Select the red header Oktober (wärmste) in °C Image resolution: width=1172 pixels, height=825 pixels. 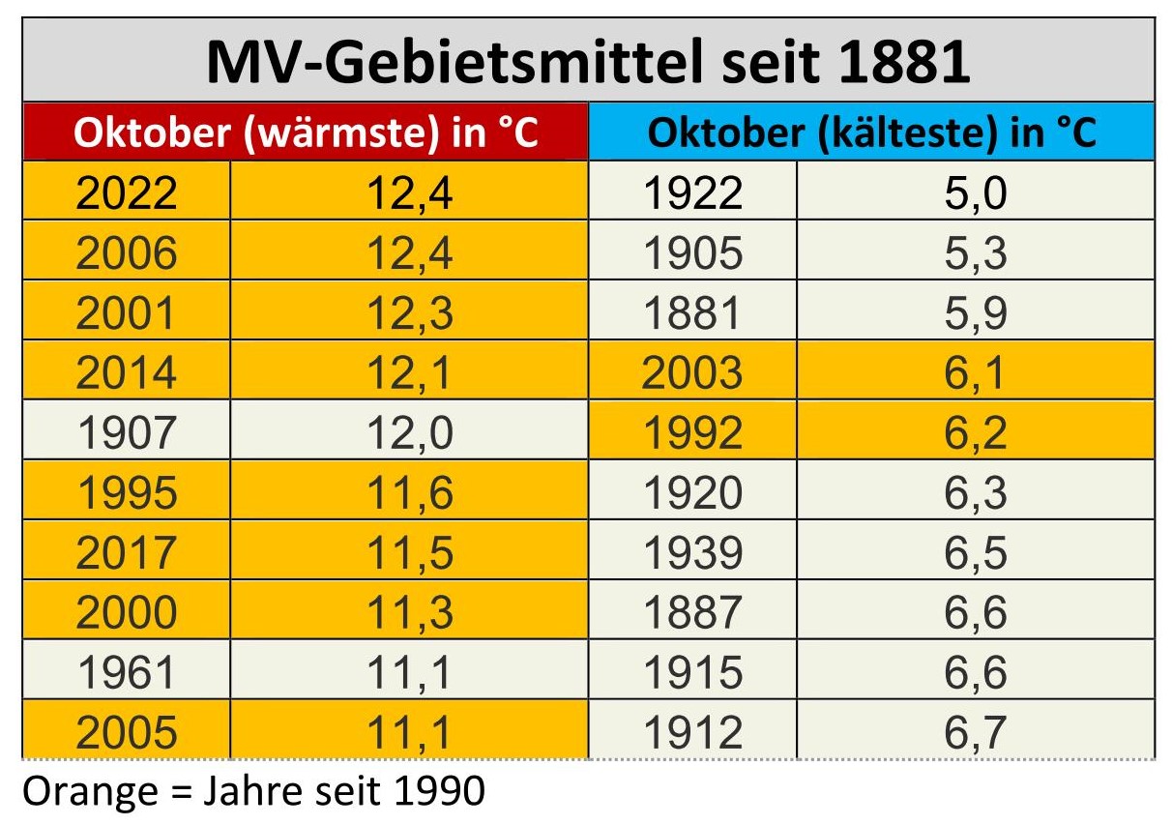coord(306,133)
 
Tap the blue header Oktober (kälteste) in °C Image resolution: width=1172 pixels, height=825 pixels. coord(871,133)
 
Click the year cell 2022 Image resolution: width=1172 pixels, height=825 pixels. coord(127,193)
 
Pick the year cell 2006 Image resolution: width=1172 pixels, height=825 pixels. coord(127,253)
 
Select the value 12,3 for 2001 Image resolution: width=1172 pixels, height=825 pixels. coord(409,313)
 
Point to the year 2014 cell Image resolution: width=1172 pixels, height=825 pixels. coord(127,373)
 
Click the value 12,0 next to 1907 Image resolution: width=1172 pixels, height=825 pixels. coord(409,432)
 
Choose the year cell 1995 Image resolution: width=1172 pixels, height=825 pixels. coord(127,492)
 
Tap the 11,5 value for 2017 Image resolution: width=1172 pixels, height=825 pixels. coord(409,552)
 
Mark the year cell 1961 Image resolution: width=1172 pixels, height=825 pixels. coord(127,672)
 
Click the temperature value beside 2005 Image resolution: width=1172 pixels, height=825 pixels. coord(409,732)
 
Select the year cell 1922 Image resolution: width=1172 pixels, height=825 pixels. coord(692,193)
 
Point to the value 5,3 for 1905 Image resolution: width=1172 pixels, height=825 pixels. coord(975,253)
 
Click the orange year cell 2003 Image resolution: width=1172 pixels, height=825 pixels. coord(692,373)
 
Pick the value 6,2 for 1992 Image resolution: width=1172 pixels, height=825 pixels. coord(975,432)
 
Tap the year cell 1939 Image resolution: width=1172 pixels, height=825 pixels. coord(692,552)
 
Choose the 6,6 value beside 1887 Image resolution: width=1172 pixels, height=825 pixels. coord(975,612)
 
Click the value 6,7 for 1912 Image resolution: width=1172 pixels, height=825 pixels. coord(975,732)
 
